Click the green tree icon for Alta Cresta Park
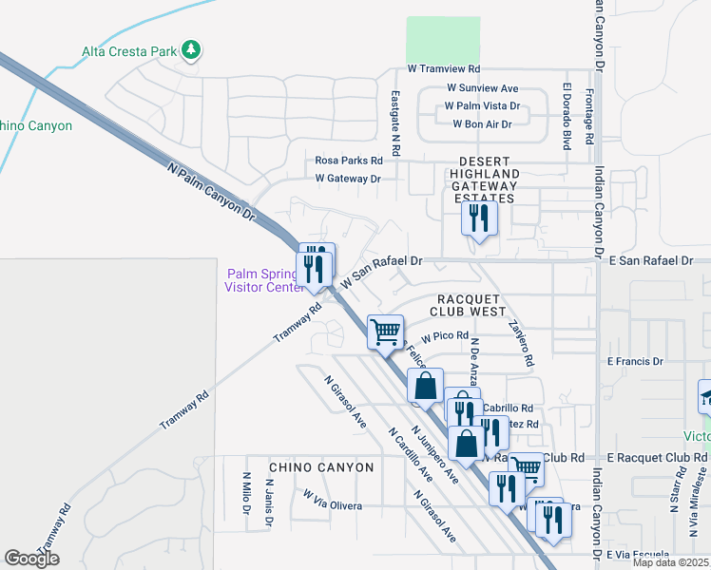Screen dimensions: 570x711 pyautogui.click(x=191, y=49)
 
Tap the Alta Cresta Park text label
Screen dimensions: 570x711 pyautogui.click(x=128, y=50)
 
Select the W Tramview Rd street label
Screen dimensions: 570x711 pyautogui.click(x=444, y=69)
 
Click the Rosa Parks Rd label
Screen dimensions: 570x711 pyautogui.click(x=349, y=161)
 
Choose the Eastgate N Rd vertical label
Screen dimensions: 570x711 pyautogui.click(x=395, y=123)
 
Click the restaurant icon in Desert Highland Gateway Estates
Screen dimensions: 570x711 pyautogui.click(x=478, y=219)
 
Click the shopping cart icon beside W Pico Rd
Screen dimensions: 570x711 pyautogui.click(x=385, y=332)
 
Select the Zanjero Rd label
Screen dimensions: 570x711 pyautogui.click(x=521, y=342)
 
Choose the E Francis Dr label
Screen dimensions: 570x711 pyautogui.click(x=635, y=361)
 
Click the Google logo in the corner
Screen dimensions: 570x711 pyautogui.click(x=32, y=559)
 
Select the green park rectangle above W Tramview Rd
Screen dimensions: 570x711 pyautogui.click(x=443, y=40)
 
